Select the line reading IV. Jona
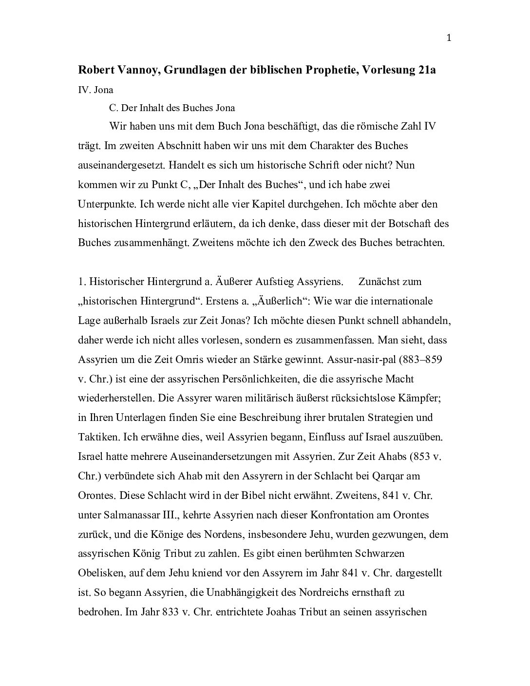click(x=95, y=90)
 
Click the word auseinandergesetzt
click(x=122, y=165)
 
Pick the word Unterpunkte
click(x=103, y=204)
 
